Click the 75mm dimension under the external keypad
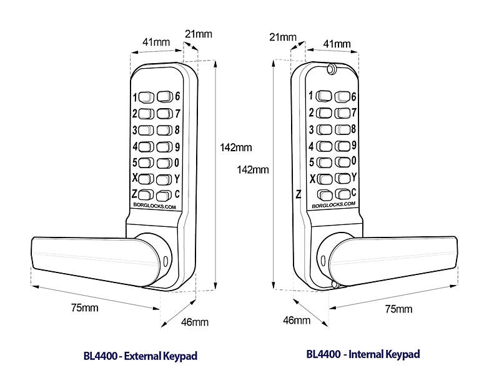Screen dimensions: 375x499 tap(85, 307)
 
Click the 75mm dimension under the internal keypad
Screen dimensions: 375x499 tap(398, 309)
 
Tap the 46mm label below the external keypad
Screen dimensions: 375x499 tap(195, 322)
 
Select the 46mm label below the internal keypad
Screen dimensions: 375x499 tap(297, 321)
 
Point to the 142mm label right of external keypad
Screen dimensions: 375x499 tap(236, 148)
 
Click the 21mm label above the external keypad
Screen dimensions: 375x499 tap(198, 32)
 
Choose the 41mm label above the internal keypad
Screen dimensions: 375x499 tap(337, 44)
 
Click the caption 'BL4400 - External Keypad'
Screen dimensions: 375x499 tap(140, 356)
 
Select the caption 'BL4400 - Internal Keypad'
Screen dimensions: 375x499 tap(363, 354)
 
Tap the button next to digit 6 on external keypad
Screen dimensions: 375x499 tap(164, 97)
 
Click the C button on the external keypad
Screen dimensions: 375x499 tap(164, 194)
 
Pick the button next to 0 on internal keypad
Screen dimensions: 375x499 tap(342, 162)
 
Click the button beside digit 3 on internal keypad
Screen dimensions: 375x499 tap(325, 129)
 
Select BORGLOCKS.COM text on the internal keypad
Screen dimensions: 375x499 tap(333, 204)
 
